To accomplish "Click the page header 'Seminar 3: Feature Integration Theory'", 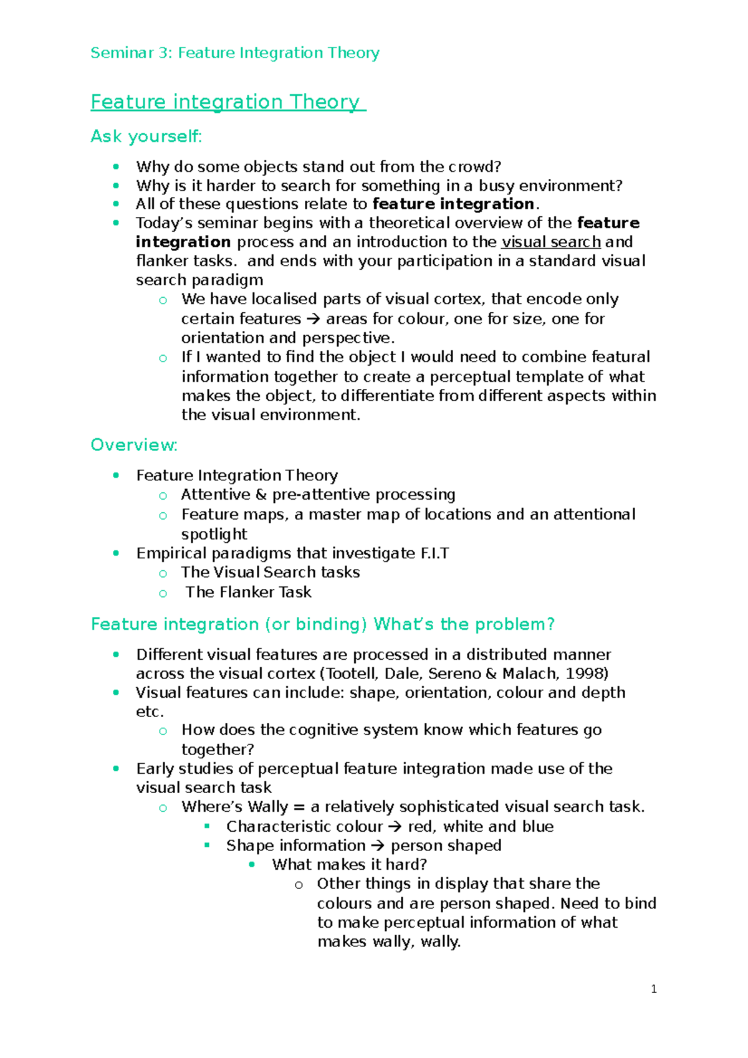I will click(234, 53).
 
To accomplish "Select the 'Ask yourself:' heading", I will click(146, 136).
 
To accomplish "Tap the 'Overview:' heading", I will click(134, 445).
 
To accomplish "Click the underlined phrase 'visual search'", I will click(551, 242).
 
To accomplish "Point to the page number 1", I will click(653, 989).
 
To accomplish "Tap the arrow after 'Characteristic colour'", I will click(395, 827).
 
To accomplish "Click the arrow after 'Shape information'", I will click(378, 846).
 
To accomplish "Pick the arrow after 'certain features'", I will click(313, 319).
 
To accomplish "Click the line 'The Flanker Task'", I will click(248, 592).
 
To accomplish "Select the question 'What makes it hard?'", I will click(349, 865).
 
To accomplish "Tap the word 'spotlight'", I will click(214, 535).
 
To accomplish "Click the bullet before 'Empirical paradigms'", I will click(116, 553).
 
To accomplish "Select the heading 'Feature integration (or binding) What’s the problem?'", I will click(322, 624).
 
